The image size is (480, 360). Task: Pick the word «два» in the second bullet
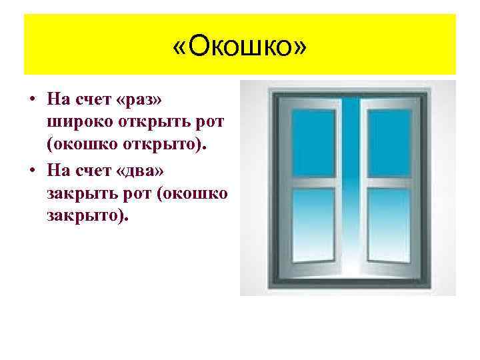[x=142, y=171]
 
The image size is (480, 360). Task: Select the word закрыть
[x=82, y=194]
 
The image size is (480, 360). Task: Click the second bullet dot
[x=32, y=171]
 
